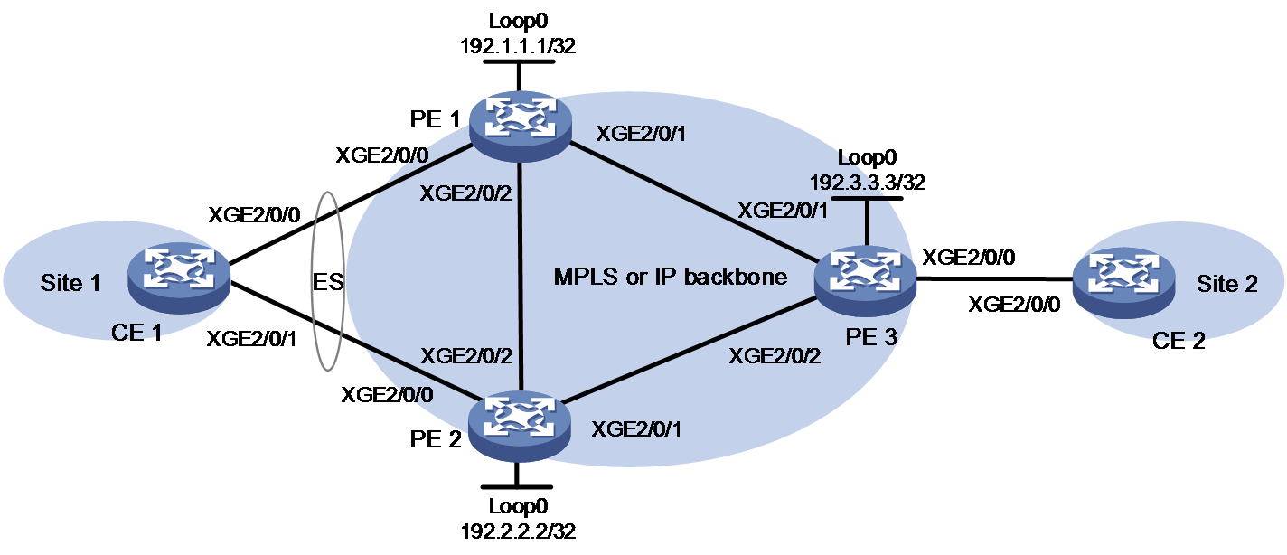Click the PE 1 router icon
click(520, 127)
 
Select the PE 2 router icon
click(520, 426)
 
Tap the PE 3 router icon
click(865, 281)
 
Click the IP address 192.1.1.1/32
click(518, 45)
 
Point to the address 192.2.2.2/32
click(518, 531)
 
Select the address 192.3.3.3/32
click(868, 182)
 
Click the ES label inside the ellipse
click(328, 282)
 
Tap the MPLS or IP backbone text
click(671, 277)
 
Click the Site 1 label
click(70, 283)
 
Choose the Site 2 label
click(1226, 284)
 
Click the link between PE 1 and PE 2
click(521, 277)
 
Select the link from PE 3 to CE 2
click(994, 279)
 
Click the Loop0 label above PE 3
click(867, 157)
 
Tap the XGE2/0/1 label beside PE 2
click(636, 429)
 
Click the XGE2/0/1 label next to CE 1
click(251, 339)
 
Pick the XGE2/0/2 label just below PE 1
click(465, 193)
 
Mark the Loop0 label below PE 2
click(518, 506)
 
